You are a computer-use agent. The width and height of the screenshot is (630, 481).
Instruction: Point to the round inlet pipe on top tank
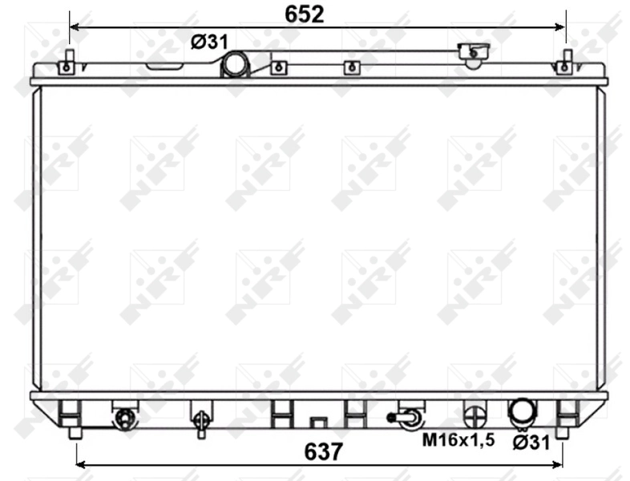click(x=236, y=65)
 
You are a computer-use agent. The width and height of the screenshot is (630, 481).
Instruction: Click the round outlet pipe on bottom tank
click(x=522, y=411)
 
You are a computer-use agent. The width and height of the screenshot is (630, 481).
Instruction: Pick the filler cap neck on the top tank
click(x=473, y=54)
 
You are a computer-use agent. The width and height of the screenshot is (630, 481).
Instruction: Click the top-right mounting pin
click(x=565, y=63)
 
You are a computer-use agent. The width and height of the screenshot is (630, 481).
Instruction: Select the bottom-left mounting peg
click(x=75, y=431)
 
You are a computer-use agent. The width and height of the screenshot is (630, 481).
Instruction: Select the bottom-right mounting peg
click(x=562, y=431)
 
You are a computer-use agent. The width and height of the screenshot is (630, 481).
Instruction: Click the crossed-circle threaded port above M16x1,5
click(x=475, y=415)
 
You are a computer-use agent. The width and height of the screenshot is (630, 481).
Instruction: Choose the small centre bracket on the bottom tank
click(x=318, y=420)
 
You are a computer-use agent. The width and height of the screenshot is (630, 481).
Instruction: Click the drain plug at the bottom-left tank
click(x=124, y=418)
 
